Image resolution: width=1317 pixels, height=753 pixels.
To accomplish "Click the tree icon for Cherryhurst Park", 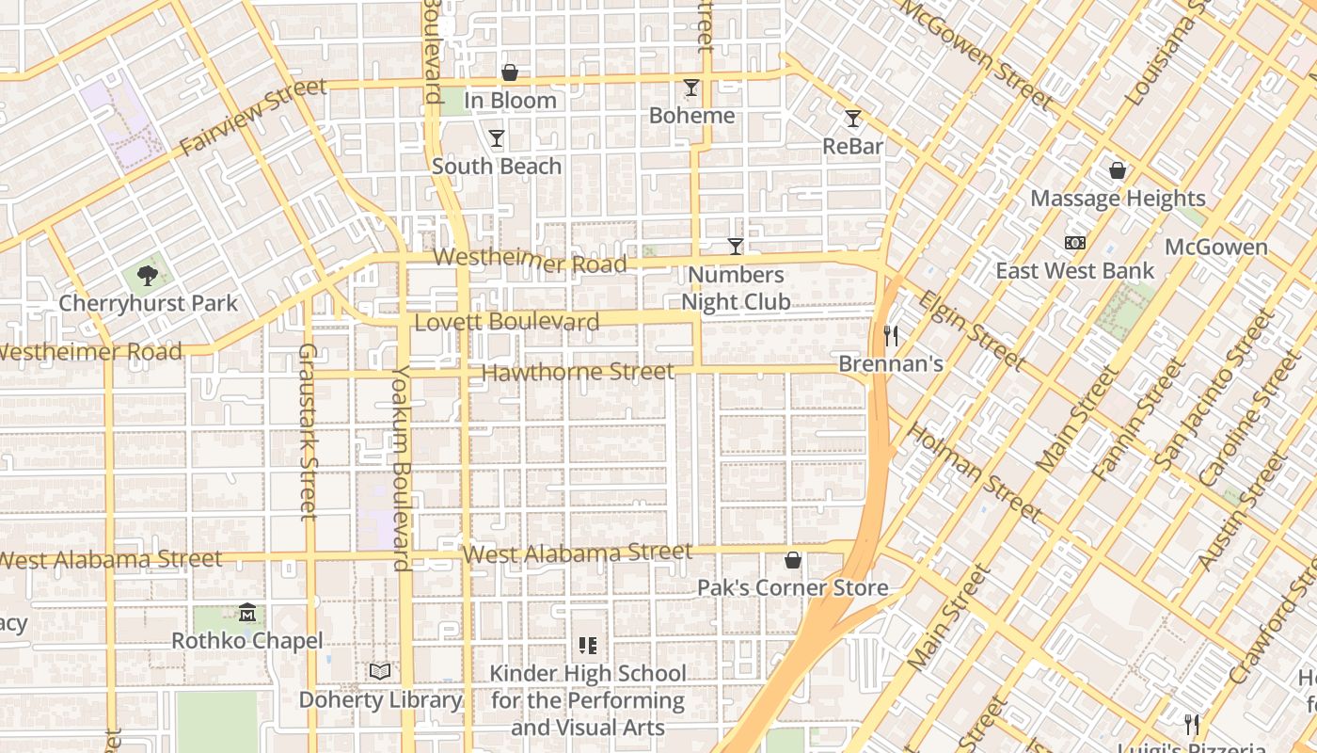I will coord(147,276).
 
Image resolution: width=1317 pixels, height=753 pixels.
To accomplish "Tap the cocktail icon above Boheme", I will coord(691,88).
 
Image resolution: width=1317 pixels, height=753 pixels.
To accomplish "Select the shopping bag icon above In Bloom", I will coord(510,72).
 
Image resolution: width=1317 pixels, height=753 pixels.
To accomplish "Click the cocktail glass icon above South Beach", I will coord(497,138).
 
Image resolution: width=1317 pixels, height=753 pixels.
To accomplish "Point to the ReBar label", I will coord(853,146).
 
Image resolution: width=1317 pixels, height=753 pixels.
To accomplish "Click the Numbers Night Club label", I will coord(736,288).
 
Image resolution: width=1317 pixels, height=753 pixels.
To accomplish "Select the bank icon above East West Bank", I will coord(1075,243).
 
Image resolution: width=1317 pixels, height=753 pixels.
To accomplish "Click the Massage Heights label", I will coord(1118,199).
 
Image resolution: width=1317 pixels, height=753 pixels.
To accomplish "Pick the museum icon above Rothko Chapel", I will coord(247,613).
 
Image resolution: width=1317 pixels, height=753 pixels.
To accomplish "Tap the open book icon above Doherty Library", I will coord(380,671).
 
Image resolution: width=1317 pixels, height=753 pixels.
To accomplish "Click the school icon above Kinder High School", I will coord(588,646).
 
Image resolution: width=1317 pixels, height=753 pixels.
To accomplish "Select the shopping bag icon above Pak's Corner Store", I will coord(793,560).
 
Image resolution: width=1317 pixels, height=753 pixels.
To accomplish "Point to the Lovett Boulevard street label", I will coord(507,322).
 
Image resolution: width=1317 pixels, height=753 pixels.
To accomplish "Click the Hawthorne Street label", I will coord(578,373).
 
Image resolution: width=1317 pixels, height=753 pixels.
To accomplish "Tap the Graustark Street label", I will coord(309,431).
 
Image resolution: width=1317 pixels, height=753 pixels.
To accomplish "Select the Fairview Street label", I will coord(253,118).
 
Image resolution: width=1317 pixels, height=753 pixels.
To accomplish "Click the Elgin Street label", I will coord(972,329).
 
